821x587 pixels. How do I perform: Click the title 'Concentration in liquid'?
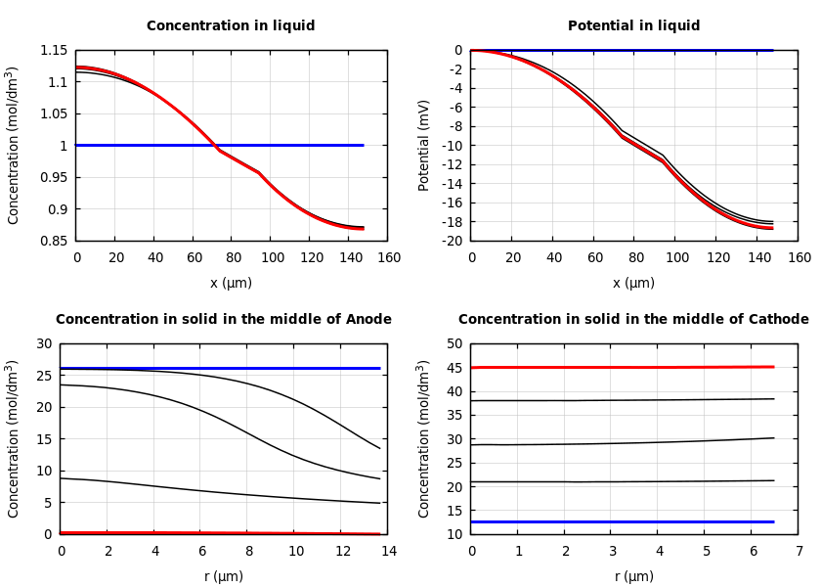(x=231, y=26)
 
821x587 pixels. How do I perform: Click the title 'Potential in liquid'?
(x=633, y=26)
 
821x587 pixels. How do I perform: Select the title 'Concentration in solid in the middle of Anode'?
(x=223, y=320)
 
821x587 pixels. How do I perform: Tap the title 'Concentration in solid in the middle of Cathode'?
(x=633, y=320)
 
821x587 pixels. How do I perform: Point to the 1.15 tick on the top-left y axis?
(x=54, y=51)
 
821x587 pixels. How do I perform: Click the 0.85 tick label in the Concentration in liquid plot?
(x=54, y=241)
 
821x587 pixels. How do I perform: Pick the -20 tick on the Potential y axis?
(x=452, y=241)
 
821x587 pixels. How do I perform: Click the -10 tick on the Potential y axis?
(x=452, y=146)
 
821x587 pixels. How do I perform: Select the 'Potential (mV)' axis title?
(x=424, y=145)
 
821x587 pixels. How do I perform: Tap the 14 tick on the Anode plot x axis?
(x=388, y=551)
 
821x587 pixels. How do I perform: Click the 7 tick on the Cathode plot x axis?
(x=799, y=551)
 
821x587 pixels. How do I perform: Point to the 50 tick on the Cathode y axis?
(x=454, y=344)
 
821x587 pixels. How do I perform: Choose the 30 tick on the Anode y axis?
(x=43, y=344)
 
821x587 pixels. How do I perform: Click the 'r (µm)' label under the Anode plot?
(x=223, y=576)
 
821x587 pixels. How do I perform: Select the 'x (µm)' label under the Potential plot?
(x=633, y=283)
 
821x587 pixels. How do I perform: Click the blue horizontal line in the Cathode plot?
(x=626, y=521)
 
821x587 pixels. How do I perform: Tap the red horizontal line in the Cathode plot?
(x=626, y=367)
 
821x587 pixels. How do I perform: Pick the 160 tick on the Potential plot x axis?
(x=799, y=257)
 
